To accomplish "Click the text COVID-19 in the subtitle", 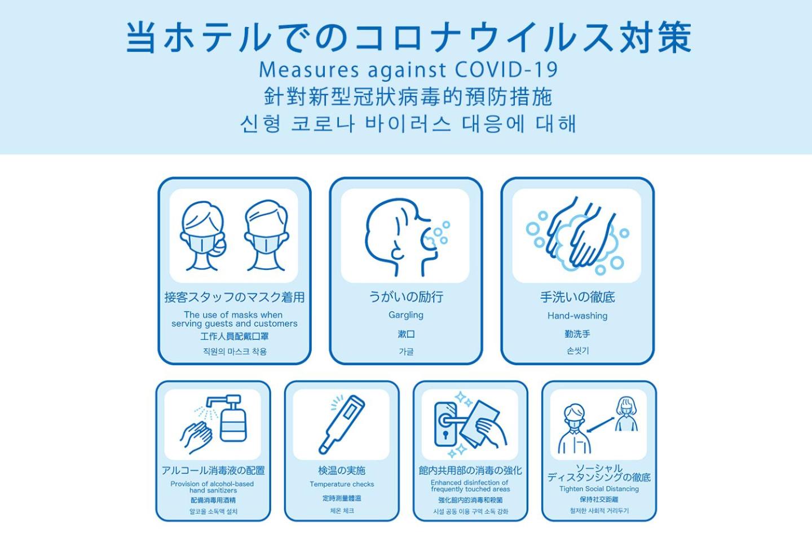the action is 506,69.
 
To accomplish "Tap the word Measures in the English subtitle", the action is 309,69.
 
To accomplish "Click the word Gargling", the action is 406,315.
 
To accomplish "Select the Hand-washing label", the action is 577,316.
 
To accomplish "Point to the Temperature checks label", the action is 342,484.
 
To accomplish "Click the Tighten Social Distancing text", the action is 599,489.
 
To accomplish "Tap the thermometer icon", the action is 342,424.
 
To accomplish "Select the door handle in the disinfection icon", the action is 451,421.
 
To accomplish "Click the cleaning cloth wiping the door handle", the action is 479,424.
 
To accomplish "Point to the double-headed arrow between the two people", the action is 601,425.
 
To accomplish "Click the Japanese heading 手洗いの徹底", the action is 577,297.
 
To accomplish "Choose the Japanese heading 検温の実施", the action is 342,471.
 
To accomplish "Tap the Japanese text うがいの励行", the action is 406,297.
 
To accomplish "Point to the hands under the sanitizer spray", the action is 196,437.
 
